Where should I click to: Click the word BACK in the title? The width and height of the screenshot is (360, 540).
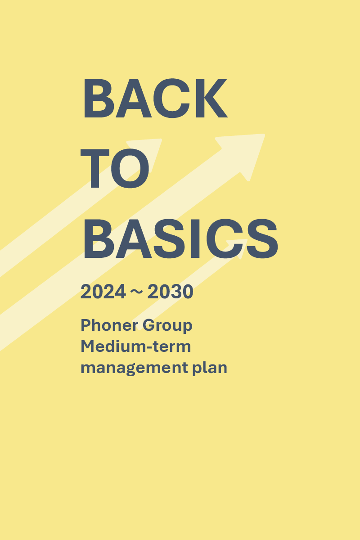tap(155, 98)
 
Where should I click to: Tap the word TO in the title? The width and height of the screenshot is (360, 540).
tap(115, 168)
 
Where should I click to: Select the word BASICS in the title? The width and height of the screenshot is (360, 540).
tap(181, 238)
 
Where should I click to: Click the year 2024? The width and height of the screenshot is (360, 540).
tap(103, 292)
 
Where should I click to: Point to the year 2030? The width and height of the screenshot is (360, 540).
tap(170, 292)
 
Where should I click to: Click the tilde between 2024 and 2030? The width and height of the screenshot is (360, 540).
tap(136, 292)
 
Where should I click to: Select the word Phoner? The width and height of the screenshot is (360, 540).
tap(109, 325)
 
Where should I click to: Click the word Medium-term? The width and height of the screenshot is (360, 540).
tap(136, 346)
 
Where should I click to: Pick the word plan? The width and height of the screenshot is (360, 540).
tap(210, 368)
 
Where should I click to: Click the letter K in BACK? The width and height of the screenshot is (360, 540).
tap(211, 98)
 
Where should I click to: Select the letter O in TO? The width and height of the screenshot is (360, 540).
tap(130, 168)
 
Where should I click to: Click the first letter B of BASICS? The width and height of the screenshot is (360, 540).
tap(99, 238)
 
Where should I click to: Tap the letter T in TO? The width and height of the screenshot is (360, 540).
tap(95, 168)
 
